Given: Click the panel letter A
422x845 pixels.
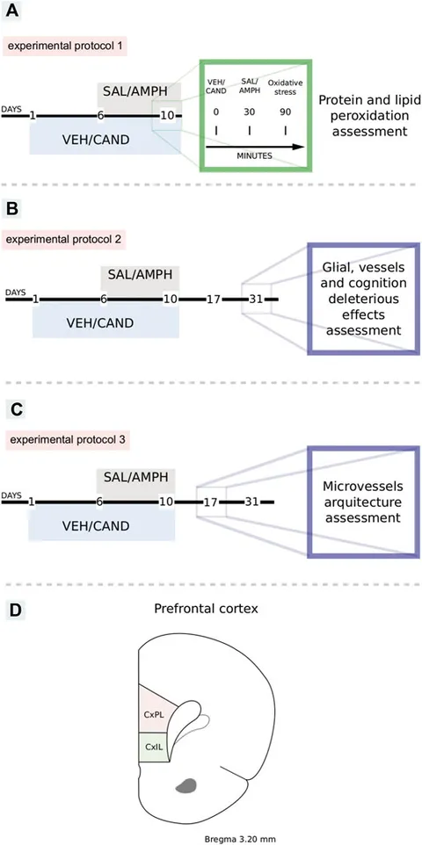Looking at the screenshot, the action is tap(12, 11).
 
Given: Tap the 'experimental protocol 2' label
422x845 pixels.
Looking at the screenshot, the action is tap(65, 238).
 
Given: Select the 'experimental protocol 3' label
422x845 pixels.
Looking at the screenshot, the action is tap(65, 440).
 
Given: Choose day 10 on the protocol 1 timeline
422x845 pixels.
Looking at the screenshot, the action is tap(169, 116).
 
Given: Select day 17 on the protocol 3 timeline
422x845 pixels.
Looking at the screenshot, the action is tap(210, 502).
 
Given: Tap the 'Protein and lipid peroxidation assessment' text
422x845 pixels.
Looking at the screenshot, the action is tap(362, 115).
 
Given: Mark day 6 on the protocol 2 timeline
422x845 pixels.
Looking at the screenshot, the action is tap(103, 299).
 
